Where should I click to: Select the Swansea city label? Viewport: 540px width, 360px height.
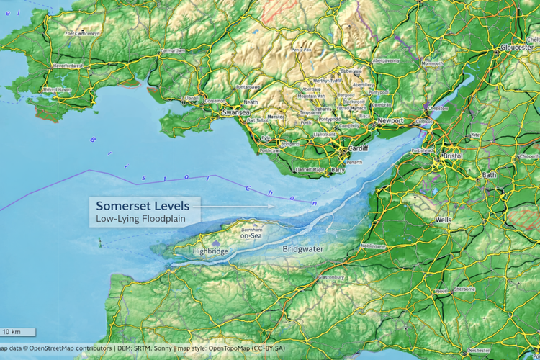point(235,113)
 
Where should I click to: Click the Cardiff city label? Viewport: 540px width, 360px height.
point(357,148)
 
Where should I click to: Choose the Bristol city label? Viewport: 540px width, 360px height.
point(453,156)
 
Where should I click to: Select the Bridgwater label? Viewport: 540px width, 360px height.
point(302,249)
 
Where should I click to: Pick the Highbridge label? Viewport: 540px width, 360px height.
point(210,251)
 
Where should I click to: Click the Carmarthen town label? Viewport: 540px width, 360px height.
point(173,51)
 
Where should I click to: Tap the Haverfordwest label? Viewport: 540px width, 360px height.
point(68,66)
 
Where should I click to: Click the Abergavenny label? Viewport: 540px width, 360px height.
point(386,61)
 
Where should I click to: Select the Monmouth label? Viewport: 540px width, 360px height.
point(433,63)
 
